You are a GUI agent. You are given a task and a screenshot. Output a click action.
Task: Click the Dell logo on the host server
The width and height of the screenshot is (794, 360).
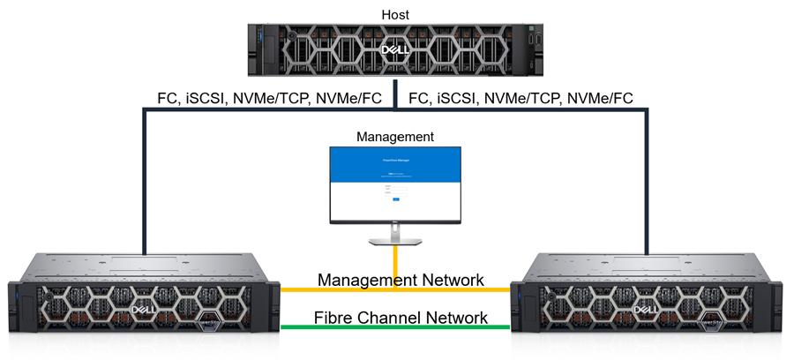(394, 51)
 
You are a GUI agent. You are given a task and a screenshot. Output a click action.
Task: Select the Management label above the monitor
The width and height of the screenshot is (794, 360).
(395, 137)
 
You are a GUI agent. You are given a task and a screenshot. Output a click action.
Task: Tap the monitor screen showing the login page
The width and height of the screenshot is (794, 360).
(395, 183)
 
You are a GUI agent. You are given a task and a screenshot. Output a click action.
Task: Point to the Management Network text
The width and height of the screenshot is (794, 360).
(401, 281)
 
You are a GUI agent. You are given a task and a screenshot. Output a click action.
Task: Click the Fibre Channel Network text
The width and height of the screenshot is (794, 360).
(401, 318)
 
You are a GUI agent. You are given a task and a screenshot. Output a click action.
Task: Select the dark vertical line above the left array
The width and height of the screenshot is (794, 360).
(143, 176)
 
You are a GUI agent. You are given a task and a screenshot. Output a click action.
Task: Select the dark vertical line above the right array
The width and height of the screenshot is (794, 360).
(650, 176)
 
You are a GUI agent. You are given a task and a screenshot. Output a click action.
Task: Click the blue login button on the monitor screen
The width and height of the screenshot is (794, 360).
(396, 199)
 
